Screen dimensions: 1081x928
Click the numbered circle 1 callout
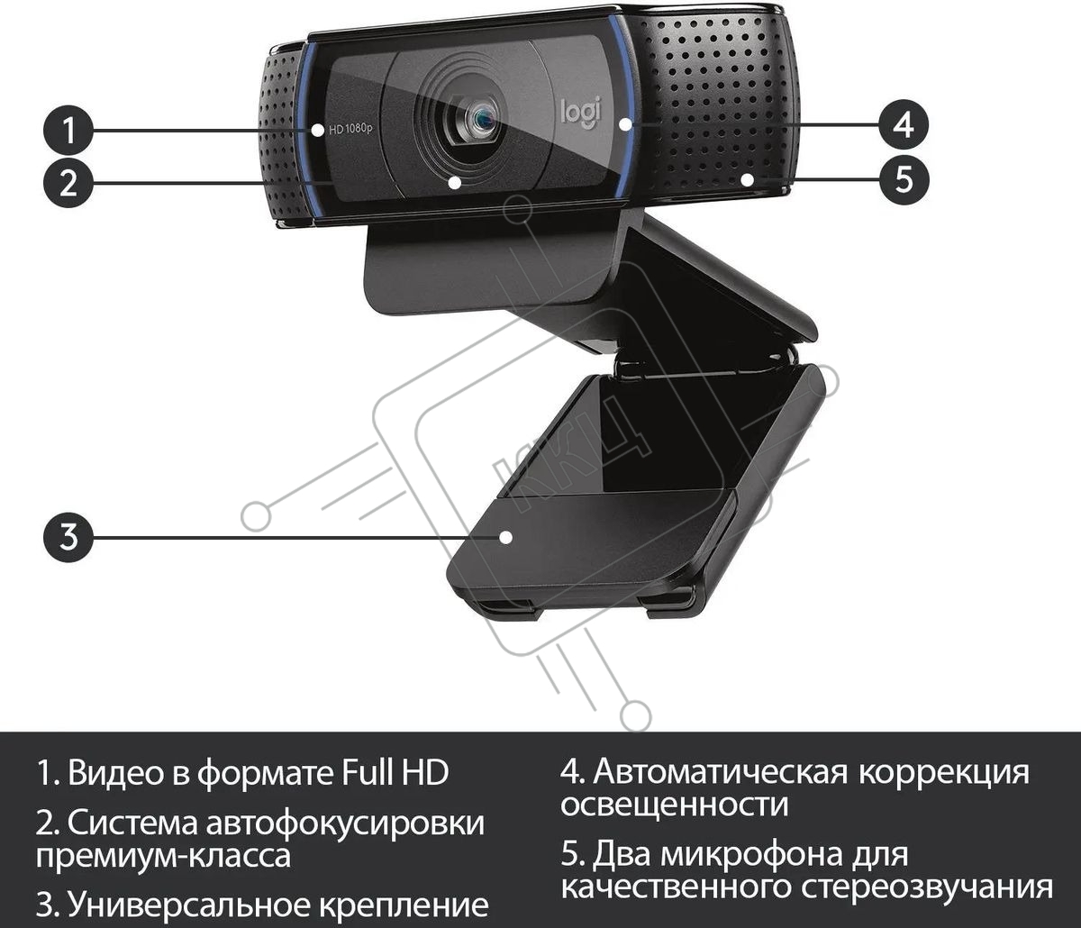pyautogui.click(x=68, y=131)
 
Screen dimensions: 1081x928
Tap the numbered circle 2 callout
pyautogui.click(x=68, y=183)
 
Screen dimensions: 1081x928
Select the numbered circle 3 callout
pyautogui.click(x=68, y=537)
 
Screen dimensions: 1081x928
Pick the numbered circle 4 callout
pyautogui.click(x=904, y=125)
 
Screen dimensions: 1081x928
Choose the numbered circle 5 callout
pyautogui.click(x=904, y=179)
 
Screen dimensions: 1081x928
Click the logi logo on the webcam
pyautogui.click(x=581, y=113)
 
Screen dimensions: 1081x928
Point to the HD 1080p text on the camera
pyautogui.click(x=350, y=129)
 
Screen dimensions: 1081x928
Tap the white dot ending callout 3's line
pyautogui.click(x=505, y=537)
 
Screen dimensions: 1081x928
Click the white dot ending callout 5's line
pyautogui.click(x=748, y=179)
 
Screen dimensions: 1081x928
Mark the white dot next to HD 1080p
pyautogui.click(x=317, y=131)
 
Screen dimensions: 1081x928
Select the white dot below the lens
pyautogui.click(x=455, y=183)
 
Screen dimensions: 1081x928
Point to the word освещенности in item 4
pyautogui.click(x=675, y=805)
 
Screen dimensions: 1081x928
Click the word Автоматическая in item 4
pyautogui.click(x=720, y=772)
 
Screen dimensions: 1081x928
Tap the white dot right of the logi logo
pyautogui.click(x=625, y=124)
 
